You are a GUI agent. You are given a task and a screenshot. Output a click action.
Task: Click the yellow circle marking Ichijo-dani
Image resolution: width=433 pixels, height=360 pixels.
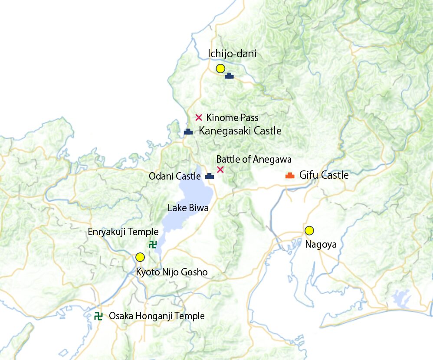point(220,68)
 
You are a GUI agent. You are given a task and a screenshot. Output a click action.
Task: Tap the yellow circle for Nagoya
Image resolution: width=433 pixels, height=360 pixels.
point(309,230)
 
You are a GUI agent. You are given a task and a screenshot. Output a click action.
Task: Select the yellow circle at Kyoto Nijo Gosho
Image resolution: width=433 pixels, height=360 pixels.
point(140,257)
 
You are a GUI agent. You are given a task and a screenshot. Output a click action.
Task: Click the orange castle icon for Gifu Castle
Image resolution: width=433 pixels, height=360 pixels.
point(290,175)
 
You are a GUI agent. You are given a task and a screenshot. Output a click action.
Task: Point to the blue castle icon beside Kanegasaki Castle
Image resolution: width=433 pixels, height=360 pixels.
point(188,131)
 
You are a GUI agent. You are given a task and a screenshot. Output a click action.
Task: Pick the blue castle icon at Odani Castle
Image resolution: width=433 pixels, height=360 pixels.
point(210,177)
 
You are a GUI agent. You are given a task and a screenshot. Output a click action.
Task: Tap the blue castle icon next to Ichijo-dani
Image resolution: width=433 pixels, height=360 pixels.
point(229,76)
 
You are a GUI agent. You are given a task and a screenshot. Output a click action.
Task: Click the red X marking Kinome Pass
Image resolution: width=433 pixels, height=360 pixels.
point(199,117)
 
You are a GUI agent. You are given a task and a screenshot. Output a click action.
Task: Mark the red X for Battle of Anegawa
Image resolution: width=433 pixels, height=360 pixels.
point(220,169)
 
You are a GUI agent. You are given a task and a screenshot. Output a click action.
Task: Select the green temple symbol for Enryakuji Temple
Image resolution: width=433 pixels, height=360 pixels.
point(153,244)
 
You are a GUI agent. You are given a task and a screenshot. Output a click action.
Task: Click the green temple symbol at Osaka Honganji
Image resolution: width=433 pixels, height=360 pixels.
point(98,316)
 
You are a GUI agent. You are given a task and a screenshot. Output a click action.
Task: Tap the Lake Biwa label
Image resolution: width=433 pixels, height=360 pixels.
point(188,208)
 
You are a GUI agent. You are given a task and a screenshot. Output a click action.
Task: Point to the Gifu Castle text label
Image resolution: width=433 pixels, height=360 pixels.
point(324,175)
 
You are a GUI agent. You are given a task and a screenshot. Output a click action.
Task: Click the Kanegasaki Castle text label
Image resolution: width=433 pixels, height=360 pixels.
point(240,131)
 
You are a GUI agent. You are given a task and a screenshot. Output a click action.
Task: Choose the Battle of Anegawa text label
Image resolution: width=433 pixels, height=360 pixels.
point(254,159)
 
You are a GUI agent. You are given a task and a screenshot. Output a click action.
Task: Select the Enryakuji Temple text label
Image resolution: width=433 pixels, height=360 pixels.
point(123,232)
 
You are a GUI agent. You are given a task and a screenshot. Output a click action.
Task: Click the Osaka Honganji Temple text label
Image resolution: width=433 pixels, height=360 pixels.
point(157,316)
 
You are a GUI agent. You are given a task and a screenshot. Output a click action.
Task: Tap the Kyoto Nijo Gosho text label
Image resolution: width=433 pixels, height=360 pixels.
point(172,272)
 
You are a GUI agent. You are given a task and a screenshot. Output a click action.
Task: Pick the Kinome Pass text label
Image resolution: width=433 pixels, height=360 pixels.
point(232,118)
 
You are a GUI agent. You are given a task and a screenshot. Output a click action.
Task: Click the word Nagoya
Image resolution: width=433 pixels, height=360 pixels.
point(321,245)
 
